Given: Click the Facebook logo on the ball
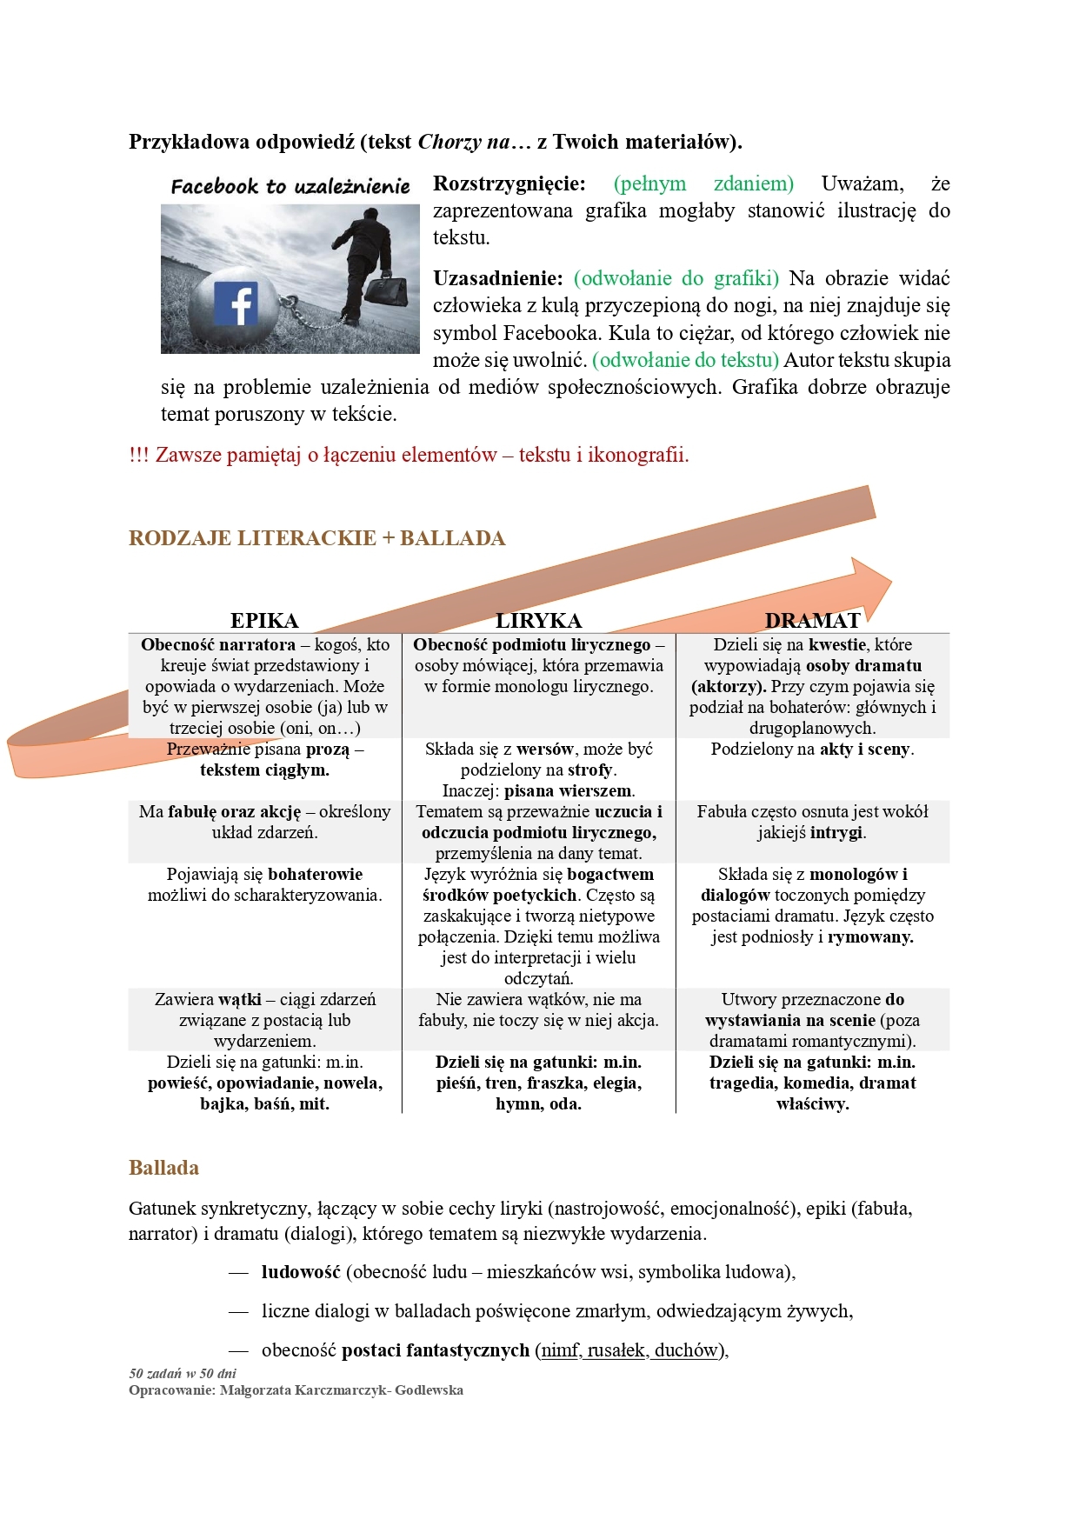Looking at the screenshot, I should click(x=236, y=303).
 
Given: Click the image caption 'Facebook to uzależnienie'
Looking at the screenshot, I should click(x=290, y=186).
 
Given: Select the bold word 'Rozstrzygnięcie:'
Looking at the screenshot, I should click(x=510, y=183).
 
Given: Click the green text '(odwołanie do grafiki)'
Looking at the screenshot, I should click(x=676, y=278).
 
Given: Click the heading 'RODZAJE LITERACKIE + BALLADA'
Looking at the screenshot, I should click(x=316, y=538).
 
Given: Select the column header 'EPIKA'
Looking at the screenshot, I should click(x=264, y=620).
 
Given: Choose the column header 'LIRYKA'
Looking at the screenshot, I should click(x=538, y=620).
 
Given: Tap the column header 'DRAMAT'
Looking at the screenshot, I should click(x=812, y=620).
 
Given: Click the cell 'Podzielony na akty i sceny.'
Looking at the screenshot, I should click(x=812, y=750).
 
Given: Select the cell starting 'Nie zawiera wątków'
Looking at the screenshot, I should click(x=538, y=1010).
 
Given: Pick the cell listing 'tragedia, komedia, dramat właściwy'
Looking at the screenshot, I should click(x=812, y=1083).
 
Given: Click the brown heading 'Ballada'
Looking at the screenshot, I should click(x=163, y=1168).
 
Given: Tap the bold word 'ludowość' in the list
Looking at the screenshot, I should click(x=300, y=1272).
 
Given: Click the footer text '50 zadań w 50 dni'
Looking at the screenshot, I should click(x=183, y=1374).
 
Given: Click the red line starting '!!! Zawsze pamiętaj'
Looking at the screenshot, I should click(x=409, y=455).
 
